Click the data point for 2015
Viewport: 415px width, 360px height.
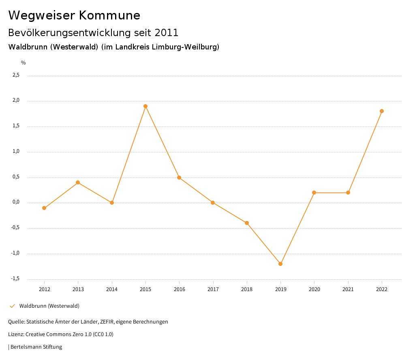coord(145,106)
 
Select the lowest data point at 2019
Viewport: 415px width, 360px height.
coord(280,264)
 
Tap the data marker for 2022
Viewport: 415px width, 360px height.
coord(382,111)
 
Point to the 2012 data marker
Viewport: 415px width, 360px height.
coord(44,208)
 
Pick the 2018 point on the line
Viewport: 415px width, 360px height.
coord(246,223)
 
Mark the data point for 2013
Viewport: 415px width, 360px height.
coord(78,182)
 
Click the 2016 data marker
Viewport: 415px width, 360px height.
coord(179,178)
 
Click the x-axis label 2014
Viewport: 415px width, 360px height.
coord(112,289)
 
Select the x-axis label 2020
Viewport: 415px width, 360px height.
coord(314,289)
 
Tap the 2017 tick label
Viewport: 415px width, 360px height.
coord(213,289)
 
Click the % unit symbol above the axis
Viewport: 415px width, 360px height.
coord(24,63)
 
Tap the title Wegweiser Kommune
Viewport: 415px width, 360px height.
coord(74,15)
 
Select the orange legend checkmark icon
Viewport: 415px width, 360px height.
coord(12,306)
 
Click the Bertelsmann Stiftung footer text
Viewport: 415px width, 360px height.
coord(36,347)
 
